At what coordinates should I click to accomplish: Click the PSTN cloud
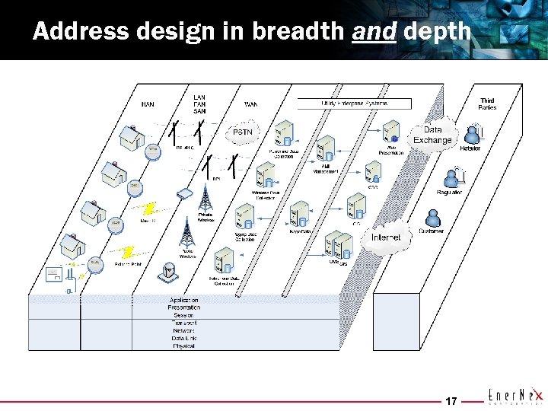[x=242, y=132]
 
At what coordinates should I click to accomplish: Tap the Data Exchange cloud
[x=432, y=135]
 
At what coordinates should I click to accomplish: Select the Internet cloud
[x=385, y=237]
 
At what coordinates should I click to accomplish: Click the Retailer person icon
[x=472, y=134]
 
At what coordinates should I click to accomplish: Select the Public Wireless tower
[x=187, y=232]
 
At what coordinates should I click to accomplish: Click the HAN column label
[x=148, y=105]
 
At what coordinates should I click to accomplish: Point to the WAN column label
[x=250, y=104]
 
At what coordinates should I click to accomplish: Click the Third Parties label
[x=487, y=104]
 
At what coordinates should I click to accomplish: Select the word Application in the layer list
[x=183, y=301]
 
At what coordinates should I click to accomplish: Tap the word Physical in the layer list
[x=183, y=346]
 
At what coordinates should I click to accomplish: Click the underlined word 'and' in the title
[x=374, y=31]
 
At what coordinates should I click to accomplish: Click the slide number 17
[x=451, y=400]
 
